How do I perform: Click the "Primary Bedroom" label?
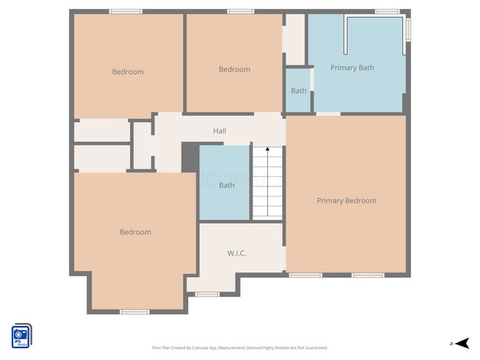[346, 201]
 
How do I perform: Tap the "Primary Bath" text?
[352, 68]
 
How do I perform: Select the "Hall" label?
[219, 131]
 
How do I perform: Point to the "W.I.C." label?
[236, 253]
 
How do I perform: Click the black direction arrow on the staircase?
[267, 150]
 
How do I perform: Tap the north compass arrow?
[462, 342]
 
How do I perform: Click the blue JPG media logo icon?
[21, 336]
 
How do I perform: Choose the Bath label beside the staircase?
[227, 185]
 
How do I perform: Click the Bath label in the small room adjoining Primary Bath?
[298, 91]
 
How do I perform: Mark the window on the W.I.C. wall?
[208, 294]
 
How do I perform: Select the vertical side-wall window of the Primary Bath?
[408, 29]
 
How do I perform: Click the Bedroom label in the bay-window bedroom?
[135, 232]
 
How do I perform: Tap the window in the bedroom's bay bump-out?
[135, 312]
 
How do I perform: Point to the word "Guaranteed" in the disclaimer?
[315, 347]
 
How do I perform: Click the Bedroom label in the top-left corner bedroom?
[128, 72]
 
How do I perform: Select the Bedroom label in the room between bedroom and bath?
[234, 69]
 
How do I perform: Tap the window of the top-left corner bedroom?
[126, 11]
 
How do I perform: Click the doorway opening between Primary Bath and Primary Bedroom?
[329, 114]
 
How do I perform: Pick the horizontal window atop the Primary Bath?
[387, 11]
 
